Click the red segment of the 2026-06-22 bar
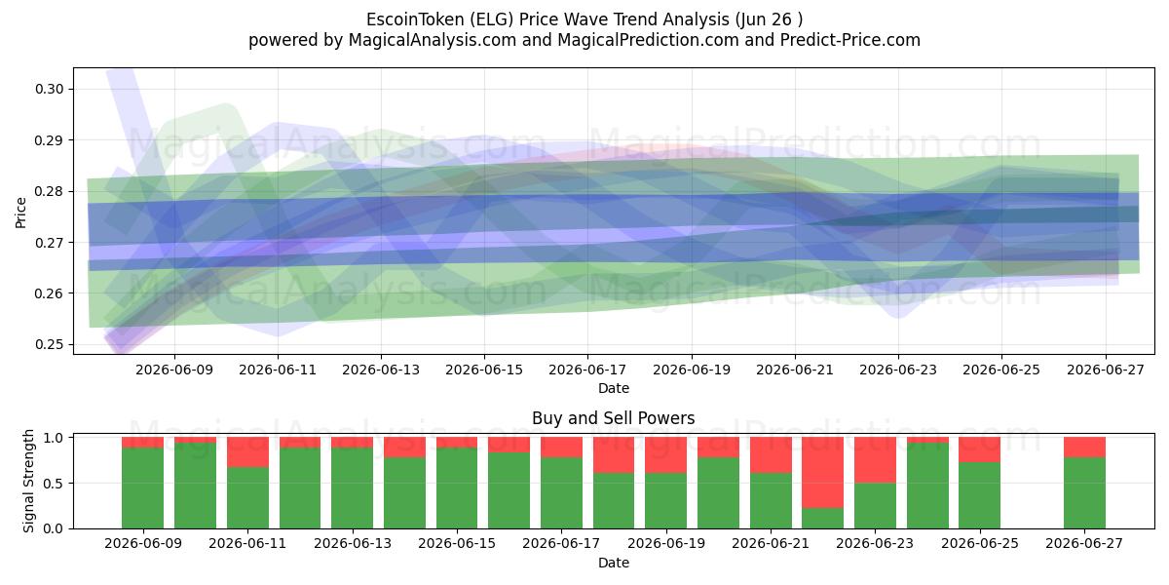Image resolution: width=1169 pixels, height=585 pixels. coord(822,472)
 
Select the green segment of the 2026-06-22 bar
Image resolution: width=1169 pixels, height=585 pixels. coord(822,518)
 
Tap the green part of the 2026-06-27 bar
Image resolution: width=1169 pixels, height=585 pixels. coord(1084,493)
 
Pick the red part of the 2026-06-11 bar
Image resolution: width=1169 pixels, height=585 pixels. coord(247,451)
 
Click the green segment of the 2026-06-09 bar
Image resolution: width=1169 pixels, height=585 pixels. coord(142,487)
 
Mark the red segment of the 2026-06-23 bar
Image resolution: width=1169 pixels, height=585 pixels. coord(875,460)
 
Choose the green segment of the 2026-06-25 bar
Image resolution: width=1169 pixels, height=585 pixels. coord(980,495)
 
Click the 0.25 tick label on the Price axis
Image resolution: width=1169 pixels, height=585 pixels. coord(49,345)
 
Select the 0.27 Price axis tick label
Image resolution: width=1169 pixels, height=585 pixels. coord(49,243)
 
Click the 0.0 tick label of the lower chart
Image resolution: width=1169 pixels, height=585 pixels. coord(54,528)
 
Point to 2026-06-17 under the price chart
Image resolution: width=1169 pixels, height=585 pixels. coord(587,370)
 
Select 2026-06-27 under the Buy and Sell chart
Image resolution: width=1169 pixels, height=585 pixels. coord(1084,544)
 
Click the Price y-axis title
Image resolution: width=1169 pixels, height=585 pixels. coord(20,214)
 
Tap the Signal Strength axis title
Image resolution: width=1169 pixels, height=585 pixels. coord(28,481)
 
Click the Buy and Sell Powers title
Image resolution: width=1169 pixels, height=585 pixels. coord(613,418)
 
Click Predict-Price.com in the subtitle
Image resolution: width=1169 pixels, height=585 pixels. coord(850,40)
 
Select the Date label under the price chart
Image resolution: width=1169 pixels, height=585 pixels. coord(614,388)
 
